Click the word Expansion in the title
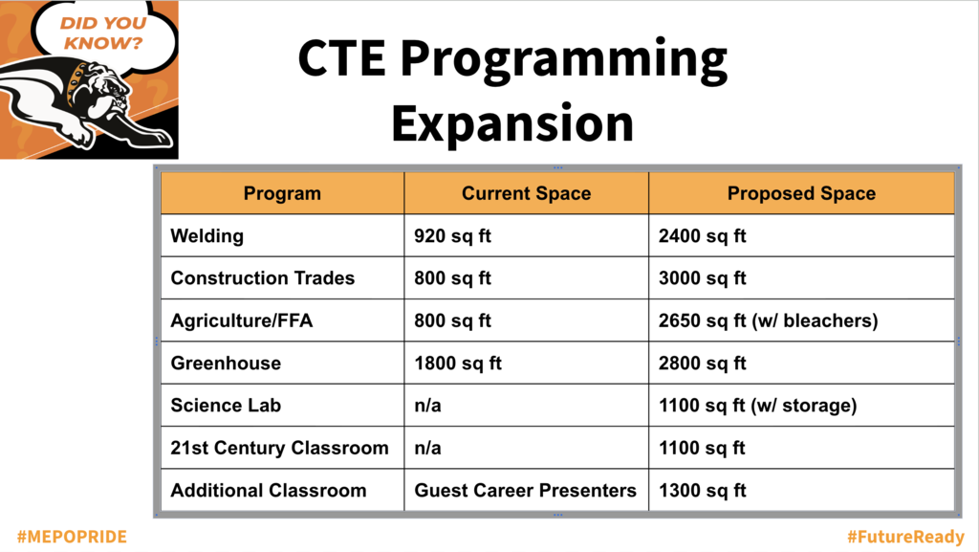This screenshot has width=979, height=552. click(512, 124)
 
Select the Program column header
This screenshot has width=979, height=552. click(282, 193)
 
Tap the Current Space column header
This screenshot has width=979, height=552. click(527, 193)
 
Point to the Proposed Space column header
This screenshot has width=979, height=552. click(802, 193)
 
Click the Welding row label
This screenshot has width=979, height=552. click(207, 236)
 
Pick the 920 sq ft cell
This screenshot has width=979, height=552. click(452, 236)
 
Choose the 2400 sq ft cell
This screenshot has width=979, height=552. click(703, 236)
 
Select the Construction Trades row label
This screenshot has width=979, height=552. click(263, 277)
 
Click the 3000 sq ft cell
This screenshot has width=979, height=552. click(703, 277)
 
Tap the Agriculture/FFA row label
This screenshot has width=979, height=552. click(242, 320)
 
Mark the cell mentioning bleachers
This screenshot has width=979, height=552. click(768, 320)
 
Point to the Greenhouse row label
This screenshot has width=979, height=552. click(226, 363)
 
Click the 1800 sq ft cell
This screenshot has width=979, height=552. click(458, 363)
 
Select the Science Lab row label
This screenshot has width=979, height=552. click(226, 406)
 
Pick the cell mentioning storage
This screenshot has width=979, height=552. click(758, 406)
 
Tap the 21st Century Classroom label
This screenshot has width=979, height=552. click(280, 448)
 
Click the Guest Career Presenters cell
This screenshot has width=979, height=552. click(526, 490)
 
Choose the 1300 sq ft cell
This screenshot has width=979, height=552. click(703, 490)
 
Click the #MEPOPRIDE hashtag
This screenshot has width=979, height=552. click(72, 537)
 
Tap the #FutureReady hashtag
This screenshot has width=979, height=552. click(906, 537)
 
